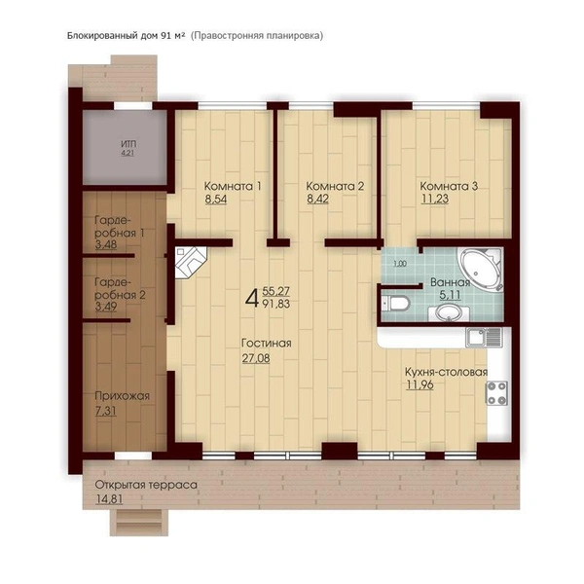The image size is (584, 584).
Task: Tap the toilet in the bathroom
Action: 396,303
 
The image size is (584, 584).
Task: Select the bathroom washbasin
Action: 449,313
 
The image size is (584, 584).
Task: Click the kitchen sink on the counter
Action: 484,338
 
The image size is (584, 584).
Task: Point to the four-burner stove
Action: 496,392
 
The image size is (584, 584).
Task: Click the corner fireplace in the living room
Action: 191,263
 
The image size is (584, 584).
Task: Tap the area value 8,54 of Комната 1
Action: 216,199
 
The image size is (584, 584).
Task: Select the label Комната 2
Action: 335,186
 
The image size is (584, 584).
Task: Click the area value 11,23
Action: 435,199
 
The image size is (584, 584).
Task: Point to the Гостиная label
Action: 267,343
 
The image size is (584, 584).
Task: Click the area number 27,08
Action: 256,358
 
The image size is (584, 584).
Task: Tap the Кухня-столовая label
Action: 446,372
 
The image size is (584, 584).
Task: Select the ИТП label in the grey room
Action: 128,144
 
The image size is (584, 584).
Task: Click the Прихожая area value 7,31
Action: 106,411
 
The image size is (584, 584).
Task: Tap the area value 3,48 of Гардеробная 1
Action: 106,244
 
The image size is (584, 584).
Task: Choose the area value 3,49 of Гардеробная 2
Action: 106,307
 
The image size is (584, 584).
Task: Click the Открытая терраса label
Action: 146,486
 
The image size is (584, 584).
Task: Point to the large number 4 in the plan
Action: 252,298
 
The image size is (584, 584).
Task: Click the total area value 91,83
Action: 276,304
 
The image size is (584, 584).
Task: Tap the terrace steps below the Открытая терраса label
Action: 139,522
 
